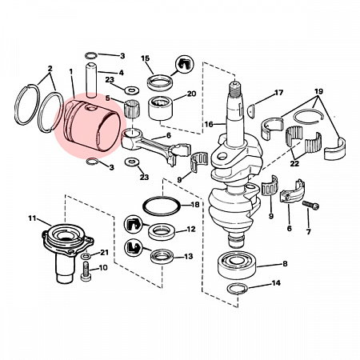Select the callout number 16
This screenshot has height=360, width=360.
tap(209, 125)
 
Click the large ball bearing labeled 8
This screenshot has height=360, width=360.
tap(237, 265)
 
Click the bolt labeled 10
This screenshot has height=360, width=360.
tap(86, 271)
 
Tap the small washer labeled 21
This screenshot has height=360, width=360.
tap(86, 256)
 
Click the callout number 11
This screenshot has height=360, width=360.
tap(32, 218)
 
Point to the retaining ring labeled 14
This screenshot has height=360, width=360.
tap(238, 289)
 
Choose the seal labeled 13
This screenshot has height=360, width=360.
tap(162, 256)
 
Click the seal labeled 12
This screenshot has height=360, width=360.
tap(162, 231)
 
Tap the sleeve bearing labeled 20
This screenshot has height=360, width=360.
tap(160, 108)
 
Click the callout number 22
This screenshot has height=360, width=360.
tap(294, 163)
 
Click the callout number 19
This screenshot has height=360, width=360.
tap(318, 91)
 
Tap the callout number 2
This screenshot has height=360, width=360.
tap(50, 69)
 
